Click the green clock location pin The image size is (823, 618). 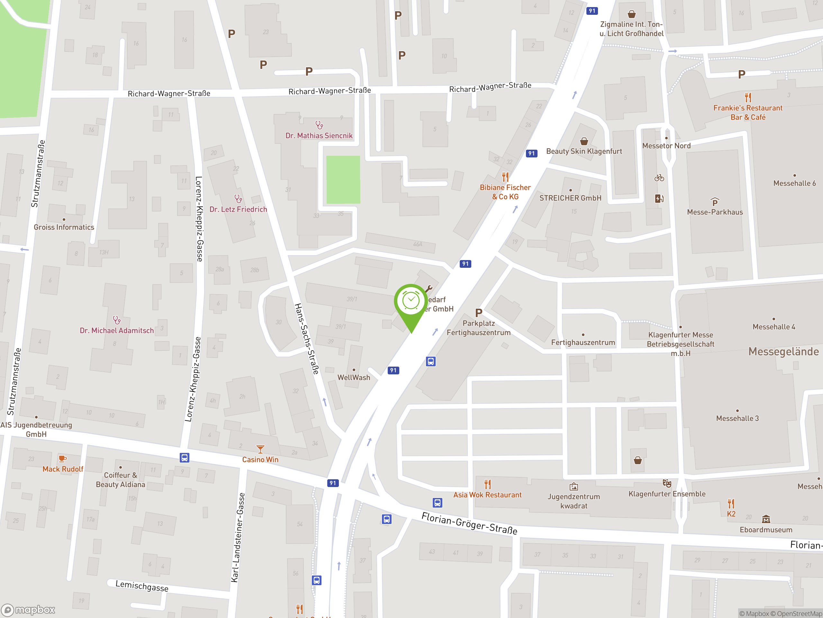pos(411,302)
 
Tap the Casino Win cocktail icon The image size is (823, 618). pos(260,449)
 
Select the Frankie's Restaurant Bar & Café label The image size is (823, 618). pos(747,113)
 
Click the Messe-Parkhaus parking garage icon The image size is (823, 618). pos(714,202)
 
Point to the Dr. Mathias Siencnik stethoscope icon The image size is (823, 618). pos(319,125)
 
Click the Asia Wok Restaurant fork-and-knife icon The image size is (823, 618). pos(487,484)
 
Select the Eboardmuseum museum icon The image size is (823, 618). pos(766,519)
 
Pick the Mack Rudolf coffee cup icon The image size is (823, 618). pos(62,459)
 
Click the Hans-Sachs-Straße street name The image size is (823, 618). pos(307,339)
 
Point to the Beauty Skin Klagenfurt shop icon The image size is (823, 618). pos(584,141)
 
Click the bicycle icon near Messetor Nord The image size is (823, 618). pos(659,178)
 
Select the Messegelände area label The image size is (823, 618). pos(783,351)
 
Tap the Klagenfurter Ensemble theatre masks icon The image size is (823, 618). pos(667,483)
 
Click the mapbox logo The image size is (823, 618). pos(28,610)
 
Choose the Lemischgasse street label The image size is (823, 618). pos(142,586)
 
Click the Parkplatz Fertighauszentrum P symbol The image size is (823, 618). pos(478,313)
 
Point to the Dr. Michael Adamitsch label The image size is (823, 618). pos(116,331)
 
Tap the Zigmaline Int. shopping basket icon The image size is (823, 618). pos(631,14)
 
